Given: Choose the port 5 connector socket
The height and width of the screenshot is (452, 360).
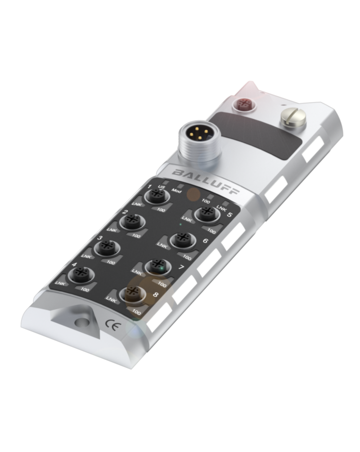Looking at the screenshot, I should pyautogui.click(x=207, y=214).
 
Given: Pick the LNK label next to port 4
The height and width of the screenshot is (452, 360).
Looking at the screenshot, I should pyautogui.click(x=59, y=284).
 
